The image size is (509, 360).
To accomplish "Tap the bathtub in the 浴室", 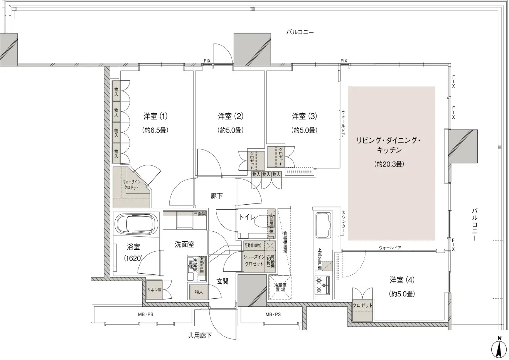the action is pos(137,224).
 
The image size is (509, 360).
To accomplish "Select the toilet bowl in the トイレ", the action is pos(265,221).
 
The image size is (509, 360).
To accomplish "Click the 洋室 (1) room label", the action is pos(155,116).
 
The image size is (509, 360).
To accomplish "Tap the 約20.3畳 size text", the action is pos(389,164).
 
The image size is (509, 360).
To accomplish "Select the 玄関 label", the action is pos(222,281).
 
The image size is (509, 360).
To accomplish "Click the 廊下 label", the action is pos(217,196).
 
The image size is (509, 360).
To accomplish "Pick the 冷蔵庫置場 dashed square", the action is pos(280,287).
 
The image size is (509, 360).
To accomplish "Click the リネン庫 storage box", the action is pos(154,289).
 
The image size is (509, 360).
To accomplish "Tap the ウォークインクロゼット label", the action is pos(131,185).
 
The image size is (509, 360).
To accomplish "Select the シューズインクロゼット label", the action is pos(254,260).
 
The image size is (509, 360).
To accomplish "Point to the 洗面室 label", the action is pos(184,244).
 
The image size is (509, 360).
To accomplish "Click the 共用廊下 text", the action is pos(200,335).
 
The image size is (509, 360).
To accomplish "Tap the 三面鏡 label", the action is pos(200,214).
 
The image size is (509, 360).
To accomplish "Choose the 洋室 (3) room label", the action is pos(304,116).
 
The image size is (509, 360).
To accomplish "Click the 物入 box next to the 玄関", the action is pos(199,292).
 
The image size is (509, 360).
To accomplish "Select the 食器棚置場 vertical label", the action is pos(285,242).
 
